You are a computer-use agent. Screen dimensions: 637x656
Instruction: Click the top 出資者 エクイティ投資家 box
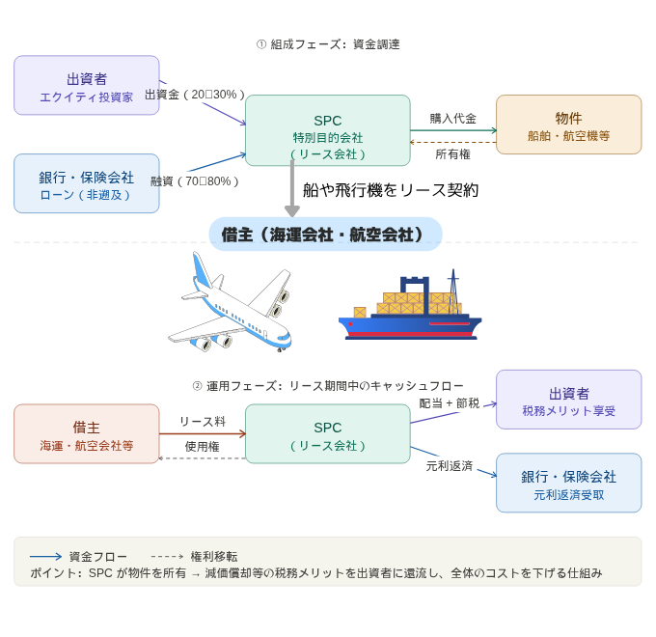[87, 86]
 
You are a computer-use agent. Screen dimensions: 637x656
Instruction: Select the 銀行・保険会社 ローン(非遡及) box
[87, 183]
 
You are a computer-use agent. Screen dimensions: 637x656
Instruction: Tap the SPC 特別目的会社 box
[328, 130]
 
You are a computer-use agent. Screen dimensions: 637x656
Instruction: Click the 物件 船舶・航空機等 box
[568, 125]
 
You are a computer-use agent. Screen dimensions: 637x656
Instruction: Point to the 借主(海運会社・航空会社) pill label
[325, 235]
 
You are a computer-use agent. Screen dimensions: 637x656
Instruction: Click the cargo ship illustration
[410, 307]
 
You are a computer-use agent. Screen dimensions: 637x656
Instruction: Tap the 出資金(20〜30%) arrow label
[195, 95]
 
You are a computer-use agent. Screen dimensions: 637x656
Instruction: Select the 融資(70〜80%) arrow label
[195, 180]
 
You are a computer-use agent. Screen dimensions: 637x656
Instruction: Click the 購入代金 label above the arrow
[453, 119]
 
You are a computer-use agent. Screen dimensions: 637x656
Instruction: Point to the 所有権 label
[453, 153]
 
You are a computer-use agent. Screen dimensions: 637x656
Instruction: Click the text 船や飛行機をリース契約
[391, 190]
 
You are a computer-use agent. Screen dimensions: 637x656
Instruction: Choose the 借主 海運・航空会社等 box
[87, 434]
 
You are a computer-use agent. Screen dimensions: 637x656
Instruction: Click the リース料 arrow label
[203, 422]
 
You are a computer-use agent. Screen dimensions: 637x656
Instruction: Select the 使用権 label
[203, 447]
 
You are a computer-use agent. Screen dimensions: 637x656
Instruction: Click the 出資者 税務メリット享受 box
[568, 400]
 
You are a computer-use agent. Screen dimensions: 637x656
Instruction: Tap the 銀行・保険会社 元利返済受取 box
[568, 483]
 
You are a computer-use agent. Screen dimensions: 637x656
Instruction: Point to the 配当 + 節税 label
[450, 402]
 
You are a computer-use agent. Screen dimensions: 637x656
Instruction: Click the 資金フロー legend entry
[77, 557]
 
